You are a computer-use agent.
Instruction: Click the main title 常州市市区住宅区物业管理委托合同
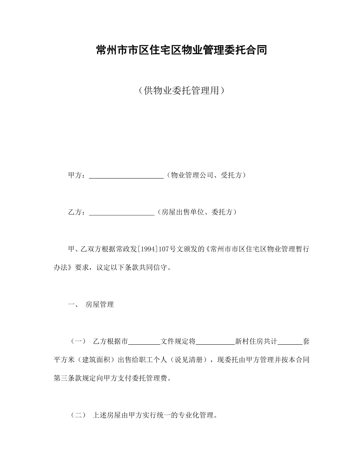181,50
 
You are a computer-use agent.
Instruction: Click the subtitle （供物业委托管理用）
181,91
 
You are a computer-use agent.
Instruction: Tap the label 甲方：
78,175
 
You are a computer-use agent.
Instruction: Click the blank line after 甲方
126,176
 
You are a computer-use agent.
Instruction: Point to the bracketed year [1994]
151,250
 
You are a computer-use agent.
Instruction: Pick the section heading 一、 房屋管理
91,305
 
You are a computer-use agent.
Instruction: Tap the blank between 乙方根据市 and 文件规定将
145,342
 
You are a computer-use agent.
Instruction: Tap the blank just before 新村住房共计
216,342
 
